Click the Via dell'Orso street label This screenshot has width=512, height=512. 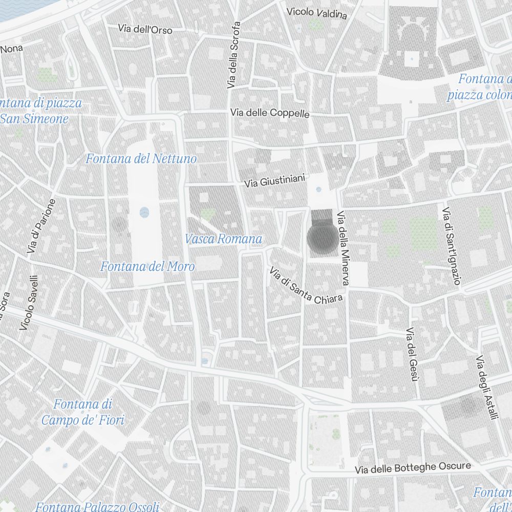coord(145,29)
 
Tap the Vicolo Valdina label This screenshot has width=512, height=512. coord(316,13)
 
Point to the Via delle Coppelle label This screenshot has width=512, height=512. coord(270,113)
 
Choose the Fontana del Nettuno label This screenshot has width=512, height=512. coord(141,159)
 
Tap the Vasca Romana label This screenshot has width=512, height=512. coord(223,239)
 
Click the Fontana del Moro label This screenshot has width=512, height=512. coord(147,266)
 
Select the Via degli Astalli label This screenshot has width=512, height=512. coord(487,388)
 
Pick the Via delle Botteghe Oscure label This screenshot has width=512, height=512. coord(413,467)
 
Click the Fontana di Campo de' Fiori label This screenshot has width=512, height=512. coord(82,413)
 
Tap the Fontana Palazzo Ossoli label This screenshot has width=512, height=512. coord(97,507)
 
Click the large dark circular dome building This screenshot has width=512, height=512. coord(323,239)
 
